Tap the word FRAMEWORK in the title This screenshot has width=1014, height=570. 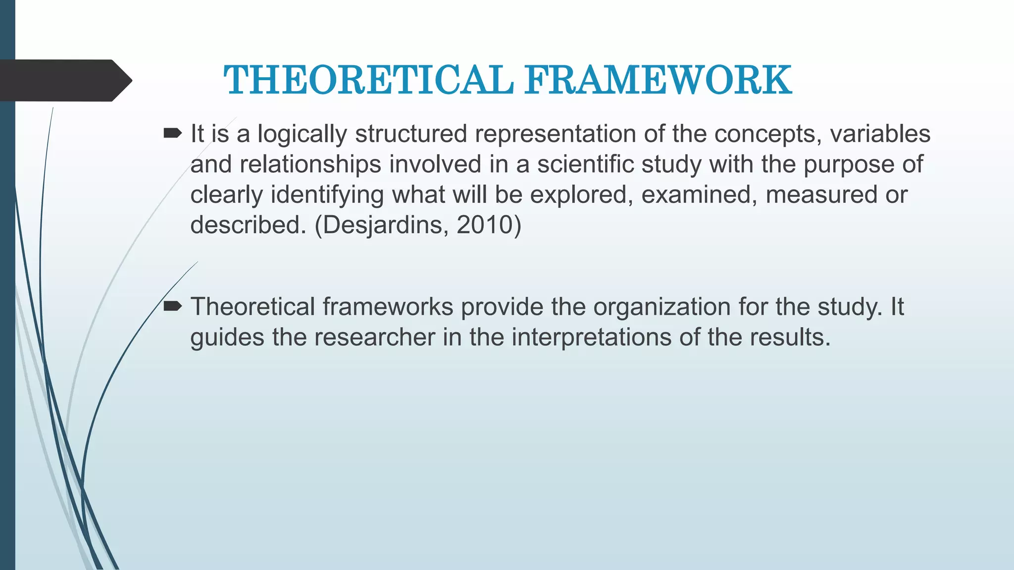tap(658, 80)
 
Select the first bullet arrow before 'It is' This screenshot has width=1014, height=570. tap(172, 133)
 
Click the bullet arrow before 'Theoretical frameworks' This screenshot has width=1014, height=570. tap(172, 307)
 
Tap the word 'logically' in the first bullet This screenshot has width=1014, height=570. tap(302, 135)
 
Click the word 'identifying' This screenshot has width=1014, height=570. tap(327, 195)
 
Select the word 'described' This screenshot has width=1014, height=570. tap(248, 225)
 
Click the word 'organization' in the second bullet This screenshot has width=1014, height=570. tap(662, 307)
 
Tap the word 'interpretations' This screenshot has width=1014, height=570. tap(591, 337)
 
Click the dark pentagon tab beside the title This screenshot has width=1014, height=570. tap(64, 80)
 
